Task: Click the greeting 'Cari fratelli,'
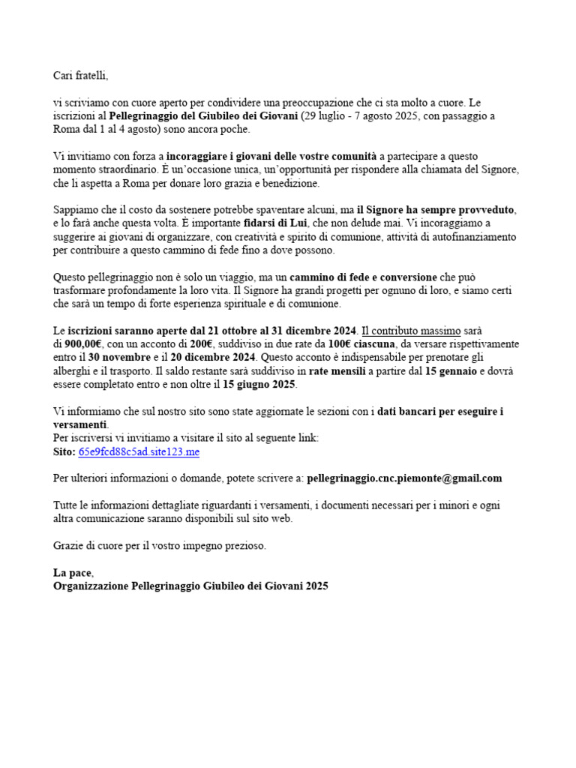[x=81, y=75]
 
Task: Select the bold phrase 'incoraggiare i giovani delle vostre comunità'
[x=271, y=156]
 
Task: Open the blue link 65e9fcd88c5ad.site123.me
[x=139, y=451]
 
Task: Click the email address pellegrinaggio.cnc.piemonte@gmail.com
[x=404, y=478]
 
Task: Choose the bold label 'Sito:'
[x=64, y=451]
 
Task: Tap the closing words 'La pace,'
[x=73, y=573]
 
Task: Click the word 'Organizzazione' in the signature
[x=91, y=586]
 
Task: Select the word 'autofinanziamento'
[x=475, y=237]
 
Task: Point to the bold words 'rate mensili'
[x=339, y=370]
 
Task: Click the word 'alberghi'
[x=73, y=370]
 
